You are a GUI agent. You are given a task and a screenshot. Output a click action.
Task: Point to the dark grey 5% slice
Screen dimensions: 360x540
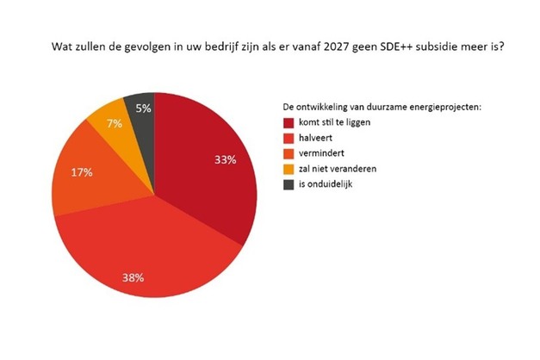coord(142,108)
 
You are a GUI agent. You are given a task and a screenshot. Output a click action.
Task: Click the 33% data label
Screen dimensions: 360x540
coord(225,158)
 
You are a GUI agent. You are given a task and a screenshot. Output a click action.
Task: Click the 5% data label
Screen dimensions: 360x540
coord(143,109)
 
